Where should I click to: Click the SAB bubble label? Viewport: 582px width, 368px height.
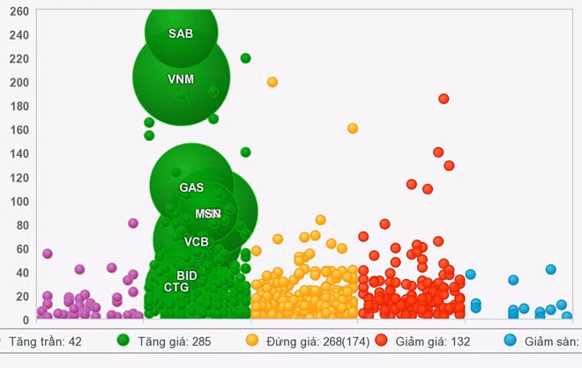click(181, 33)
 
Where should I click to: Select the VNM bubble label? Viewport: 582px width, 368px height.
click(181, 79)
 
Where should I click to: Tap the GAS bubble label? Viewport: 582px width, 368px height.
click(191, 188)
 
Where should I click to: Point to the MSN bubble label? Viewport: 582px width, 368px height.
click(208, 214)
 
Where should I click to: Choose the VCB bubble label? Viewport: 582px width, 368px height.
click(197, 241)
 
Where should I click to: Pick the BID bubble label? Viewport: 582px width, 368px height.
click(186, 276)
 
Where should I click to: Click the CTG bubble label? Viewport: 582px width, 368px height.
click(176, 287)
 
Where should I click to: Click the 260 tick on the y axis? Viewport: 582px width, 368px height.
click(19, 11)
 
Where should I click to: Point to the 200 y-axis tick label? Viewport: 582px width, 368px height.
click(19, 83)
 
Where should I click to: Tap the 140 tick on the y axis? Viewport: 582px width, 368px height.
click(19, 154)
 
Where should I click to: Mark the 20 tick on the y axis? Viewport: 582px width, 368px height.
click(23, 297)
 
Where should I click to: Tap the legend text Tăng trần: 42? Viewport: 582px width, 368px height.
click(45, 341)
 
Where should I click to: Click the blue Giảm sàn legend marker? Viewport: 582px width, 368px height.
click(511, 340)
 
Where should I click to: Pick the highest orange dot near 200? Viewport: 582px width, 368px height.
click(272, 82)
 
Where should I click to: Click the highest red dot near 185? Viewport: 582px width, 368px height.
click(444, 99)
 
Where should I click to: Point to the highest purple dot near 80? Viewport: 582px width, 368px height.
click(133, 223)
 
